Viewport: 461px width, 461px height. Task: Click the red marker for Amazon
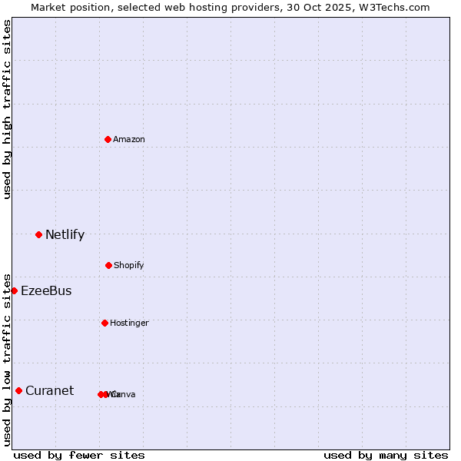(108, 139)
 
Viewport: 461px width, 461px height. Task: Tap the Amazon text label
(129, 140)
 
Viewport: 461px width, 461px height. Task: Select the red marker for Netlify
(38, 234)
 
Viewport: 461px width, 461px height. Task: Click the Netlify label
(65, 235)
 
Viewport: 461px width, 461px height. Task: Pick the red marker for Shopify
(108, 265)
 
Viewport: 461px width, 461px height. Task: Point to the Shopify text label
(129, 266)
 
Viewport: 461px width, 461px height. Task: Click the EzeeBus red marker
(14, 290)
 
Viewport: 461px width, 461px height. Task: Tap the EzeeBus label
(46, 291)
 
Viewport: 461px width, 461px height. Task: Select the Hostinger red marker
(104, 323)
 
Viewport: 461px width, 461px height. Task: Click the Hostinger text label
(129, 323)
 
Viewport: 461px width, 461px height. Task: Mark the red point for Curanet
(18, 390)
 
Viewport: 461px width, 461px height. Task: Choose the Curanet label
(49, 391)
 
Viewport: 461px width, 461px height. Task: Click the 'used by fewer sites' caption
(79, 455)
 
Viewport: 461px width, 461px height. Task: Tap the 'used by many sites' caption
(386, 455)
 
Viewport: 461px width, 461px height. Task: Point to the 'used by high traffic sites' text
(7, 109)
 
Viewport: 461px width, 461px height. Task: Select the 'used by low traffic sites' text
(7, 359)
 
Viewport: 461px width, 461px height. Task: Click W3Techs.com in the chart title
(396, 7)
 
